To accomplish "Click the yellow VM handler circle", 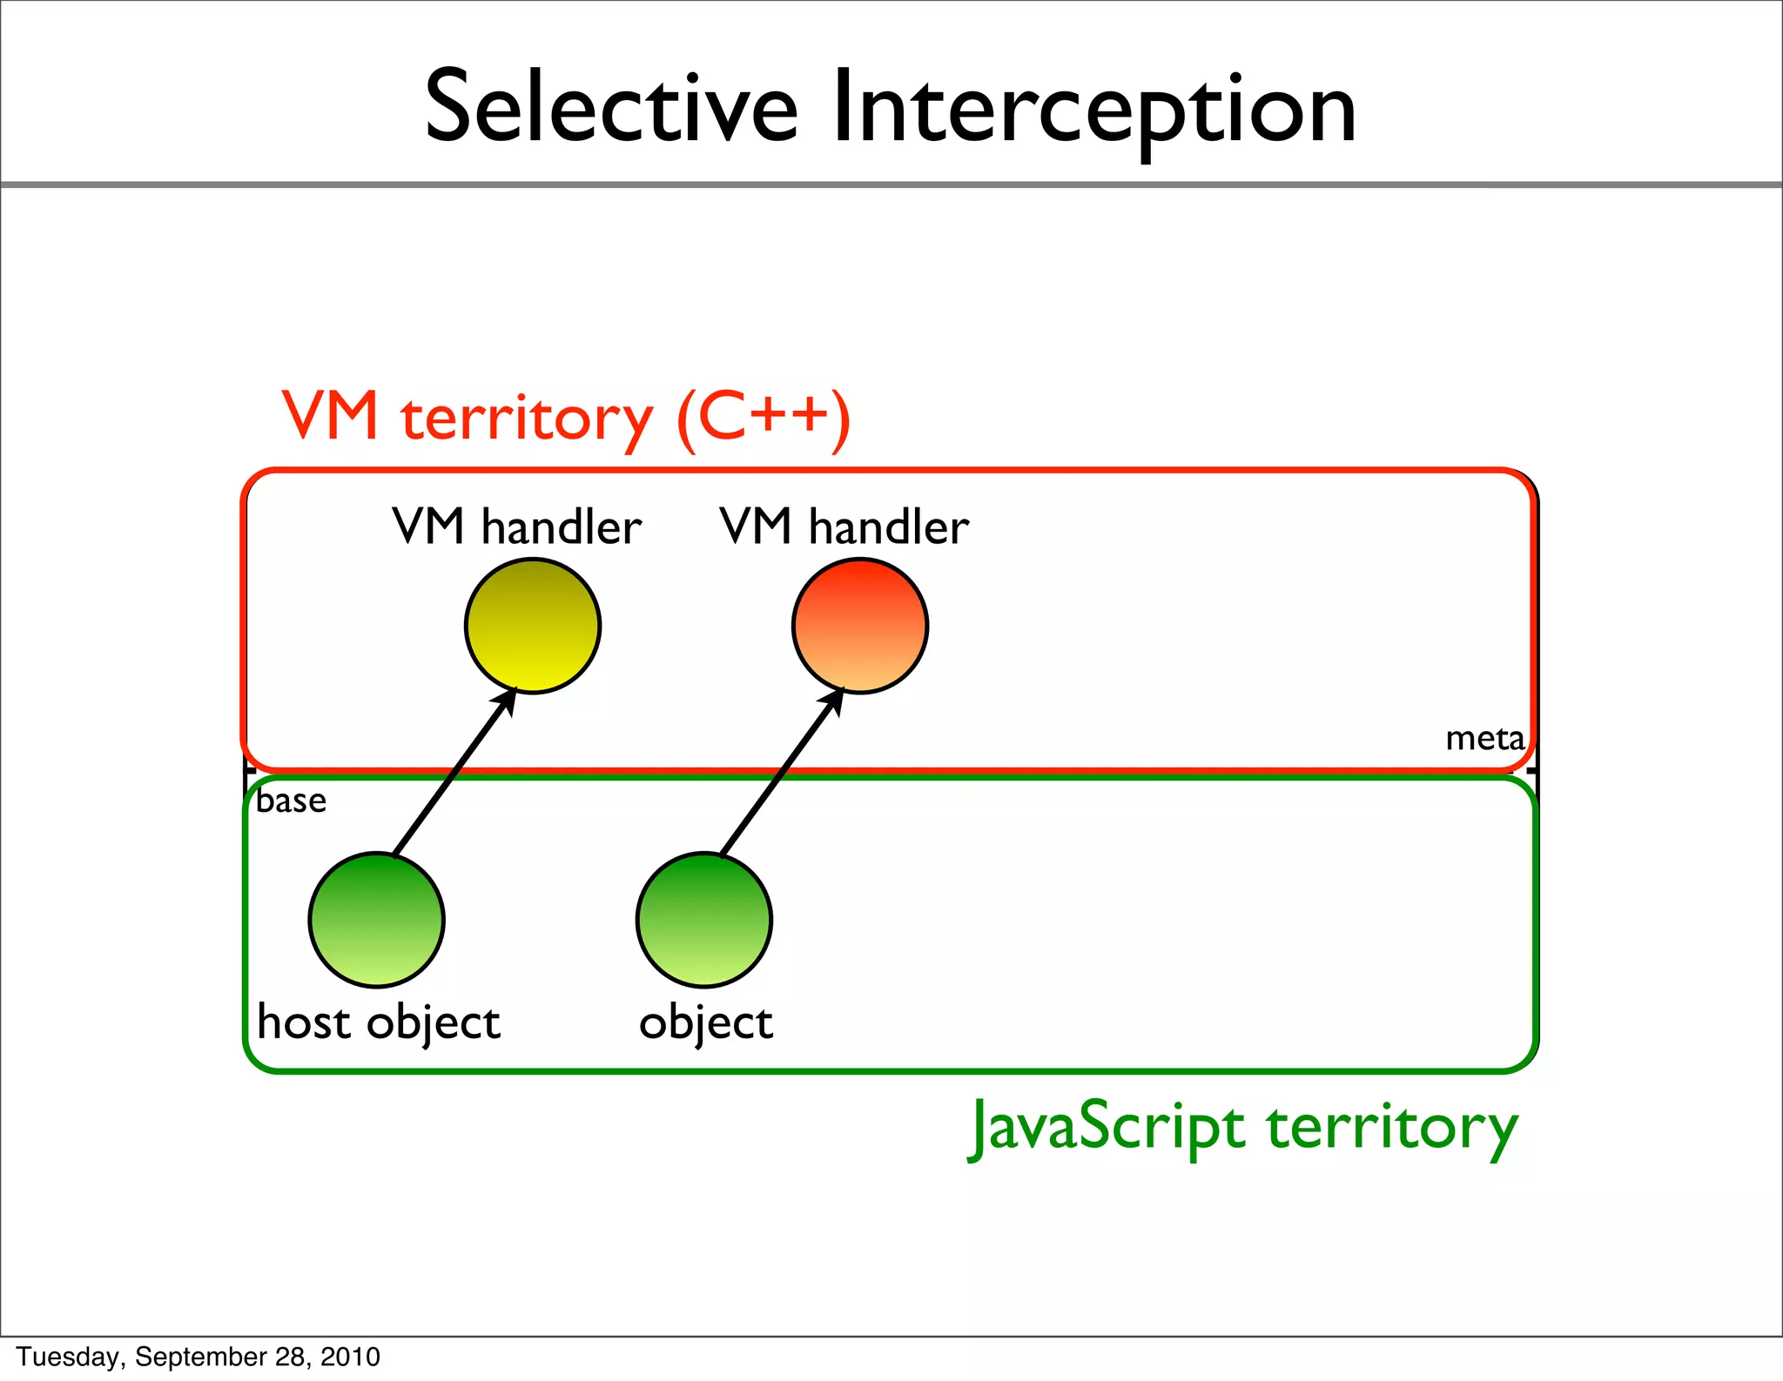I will [x=533, y=626].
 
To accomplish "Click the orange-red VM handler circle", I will [x=860, y=626].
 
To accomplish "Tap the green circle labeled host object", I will [x=377, y=920].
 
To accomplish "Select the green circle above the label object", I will [x=704, y=920].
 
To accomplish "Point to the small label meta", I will [x=1484, y=739].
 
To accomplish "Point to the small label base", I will [x=292, y=801].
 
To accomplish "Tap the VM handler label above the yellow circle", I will [x=517, y=526].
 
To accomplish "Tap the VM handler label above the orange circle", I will [x=844, y=526].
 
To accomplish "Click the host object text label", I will [x=379, y=1022].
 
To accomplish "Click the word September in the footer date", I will [x=201, y=1357].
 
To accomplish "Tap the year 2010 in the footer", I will [x=350, y=1357].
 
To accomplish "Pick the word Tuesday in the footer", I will [x=70, y=1357].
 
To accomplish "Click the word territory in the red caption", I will [x=527, y=419].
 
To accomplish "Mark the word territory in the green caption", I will [x=1392, y=1129].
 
